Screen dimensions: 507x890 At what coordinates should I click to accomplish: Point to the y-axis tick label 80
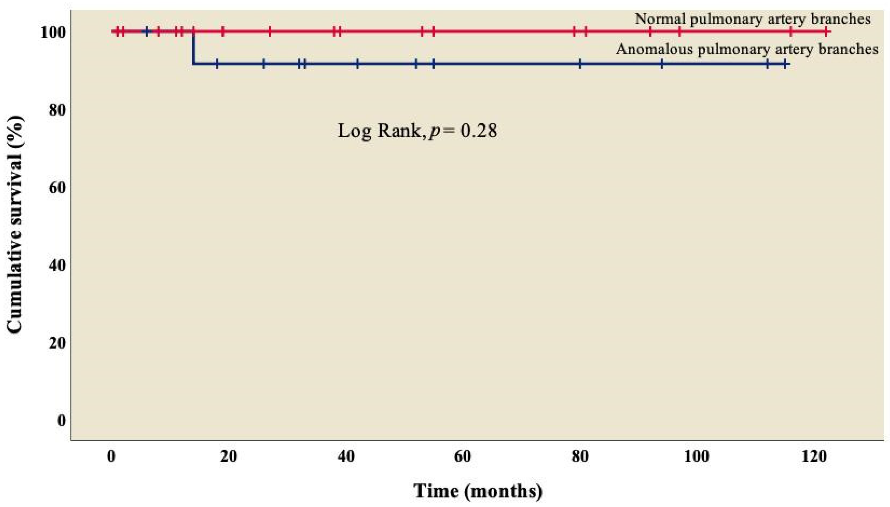click(x=57, y=110)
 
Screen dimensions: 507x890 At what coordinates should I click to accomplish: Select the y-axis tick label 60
click(x=57, y=188)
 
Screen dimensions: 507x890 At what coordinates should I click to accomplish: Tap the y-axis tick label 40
click(x=57, y=266)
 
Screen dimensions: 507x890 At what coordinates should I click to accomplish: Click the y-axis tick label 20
click(x=57, y=343)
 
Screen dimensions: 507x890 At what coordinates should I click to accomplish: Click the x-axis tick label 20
click(x=229, y=456)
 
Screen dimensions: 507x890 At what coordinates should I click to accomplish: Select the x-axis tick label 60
click(x=463, y=456)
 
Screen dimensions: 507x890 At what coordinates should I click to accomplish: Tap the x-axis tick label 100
click(x=697, y=456)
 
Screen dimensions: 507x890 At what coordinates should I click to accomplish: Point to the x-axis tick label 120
click(x=814, y=456)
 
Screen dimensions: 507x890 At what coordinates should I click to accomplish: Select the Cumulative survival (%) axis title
click(x=15, y=225)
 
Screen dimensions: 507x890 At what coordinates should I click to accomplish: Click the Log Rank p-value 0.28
click(x=479, y=131)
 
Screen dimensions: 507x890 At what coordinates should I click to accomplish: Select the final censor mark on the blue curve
click(x=785, y=64)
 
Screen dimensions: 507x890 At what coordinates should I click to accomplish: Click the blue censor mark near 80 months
click(x=580, y=64)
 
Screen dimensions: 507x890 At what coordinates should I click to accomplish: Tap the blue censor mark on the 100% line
click(x=147, y=32)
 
